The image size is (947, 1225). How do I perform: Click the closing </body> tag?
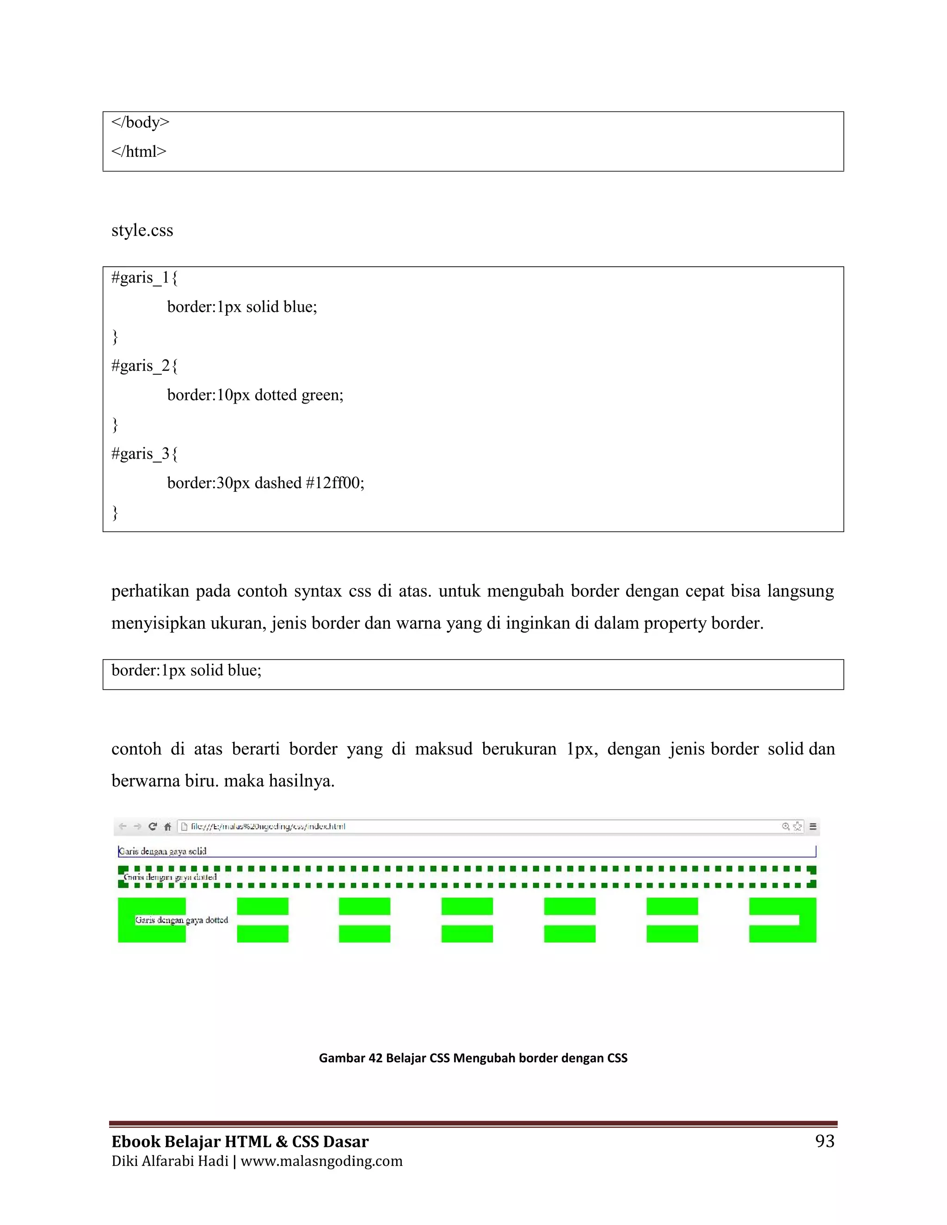(140, 122)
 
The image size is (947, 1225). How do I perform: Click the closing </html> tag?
(139, 152)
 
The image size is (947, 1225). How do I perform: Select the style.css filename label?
(142, 231)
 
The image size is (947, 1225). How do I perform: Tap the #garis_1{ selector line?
(144, 278)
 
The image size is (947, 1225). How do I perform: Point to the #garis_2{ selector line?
(144, 366)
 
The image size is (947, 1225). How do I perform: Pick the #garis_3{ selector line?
(144, 454)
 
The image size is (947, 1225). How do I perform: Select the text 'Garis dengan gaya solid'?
(163, 851)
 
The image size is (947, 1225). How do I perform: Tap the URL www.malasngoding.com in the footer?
(321, 1161)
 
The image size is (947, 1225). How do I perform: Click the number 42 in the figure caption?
(375, 1058)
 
